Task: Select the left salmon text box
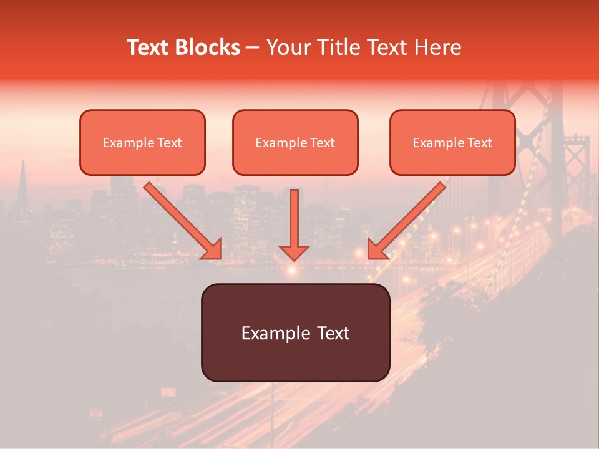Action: pyautogui.click(x=142, y=142)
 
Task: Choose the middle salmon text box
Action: pyautogui.click(x=295, y=142)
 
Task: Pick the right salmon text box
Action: pyautogui.click(x=452, y=142)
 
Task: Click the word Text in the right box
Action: pyautogui.click(x=480, y=143)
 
